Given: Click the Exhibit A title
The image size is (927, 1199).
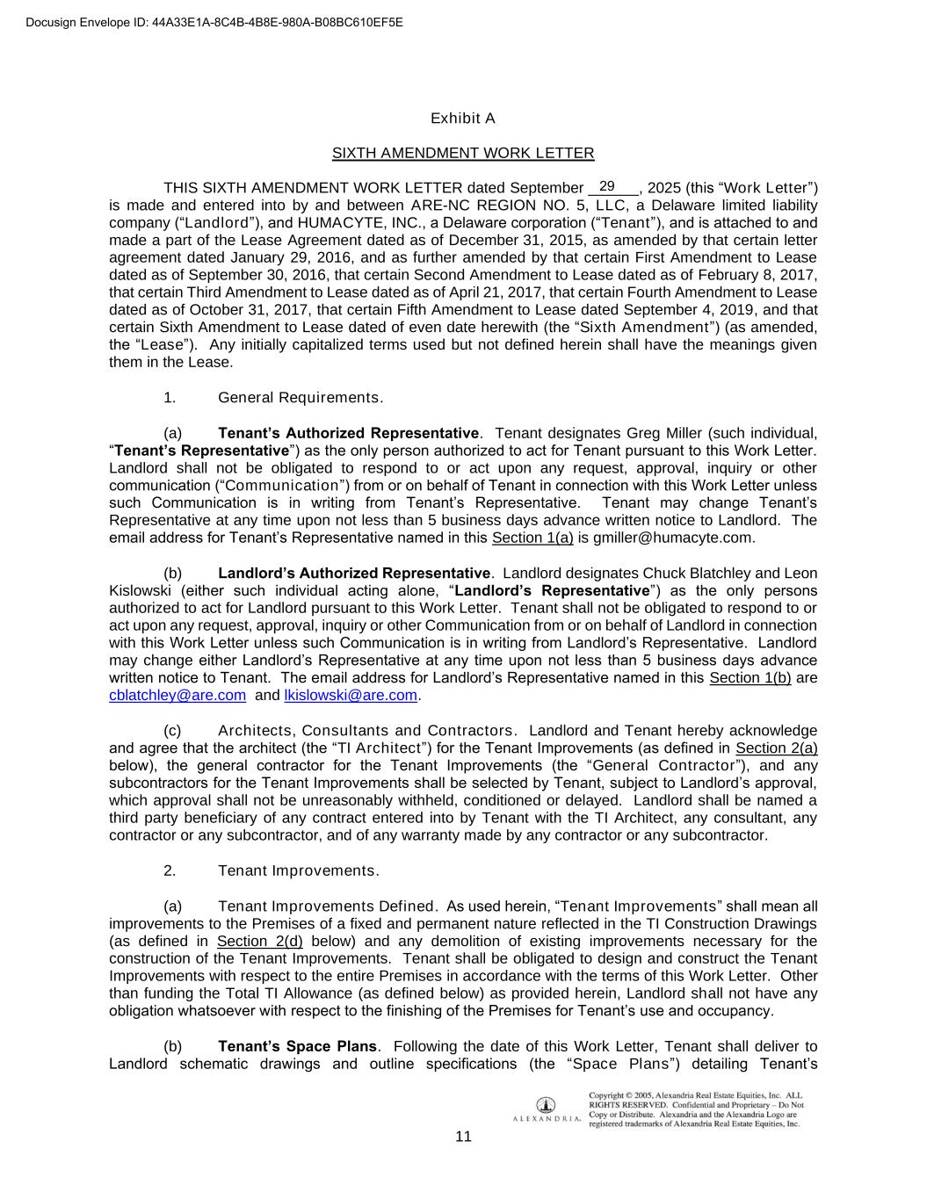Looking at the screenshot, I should tap(463, 119).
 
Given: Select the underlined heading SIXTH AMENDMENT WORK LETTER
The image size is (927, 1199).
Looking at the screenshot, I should tap(463, 154).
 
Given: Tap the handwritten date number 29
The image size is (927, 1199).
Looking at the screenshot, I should tap(606, 186).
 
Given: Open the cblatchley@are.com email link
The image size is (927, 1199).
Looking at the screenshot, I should tap(177, 696).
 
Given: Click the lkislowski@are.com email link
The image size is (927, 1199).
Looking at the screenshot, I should tap(351, 696).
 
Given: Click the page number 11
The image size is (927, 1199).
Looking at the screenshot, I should tap(464, 1137).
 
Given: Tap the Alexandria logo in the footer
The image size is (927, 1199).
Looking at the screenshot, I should tap(546, 1109).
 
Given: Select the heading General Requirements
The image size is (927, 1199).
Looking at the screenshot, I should tap(300, 398).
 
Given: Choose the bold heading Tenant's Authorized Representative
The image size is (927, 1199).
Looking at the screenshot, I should tap(348, 433).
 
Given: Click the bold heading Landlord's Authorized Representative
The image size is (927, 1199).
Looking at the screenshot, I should tap(353, 574).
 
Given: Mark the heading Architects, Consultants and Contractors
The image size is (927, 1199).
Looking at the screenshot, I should tap(366, 731).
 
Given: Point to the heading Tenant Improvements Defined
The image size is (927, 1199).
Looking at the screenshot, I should tap(327, 906).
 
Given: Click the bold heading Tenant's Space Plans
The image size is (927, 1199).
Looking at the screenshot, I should tap(297, 1047).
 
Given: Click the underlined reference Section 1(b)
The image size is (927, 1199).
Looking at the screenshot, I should tap(750, 678).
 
